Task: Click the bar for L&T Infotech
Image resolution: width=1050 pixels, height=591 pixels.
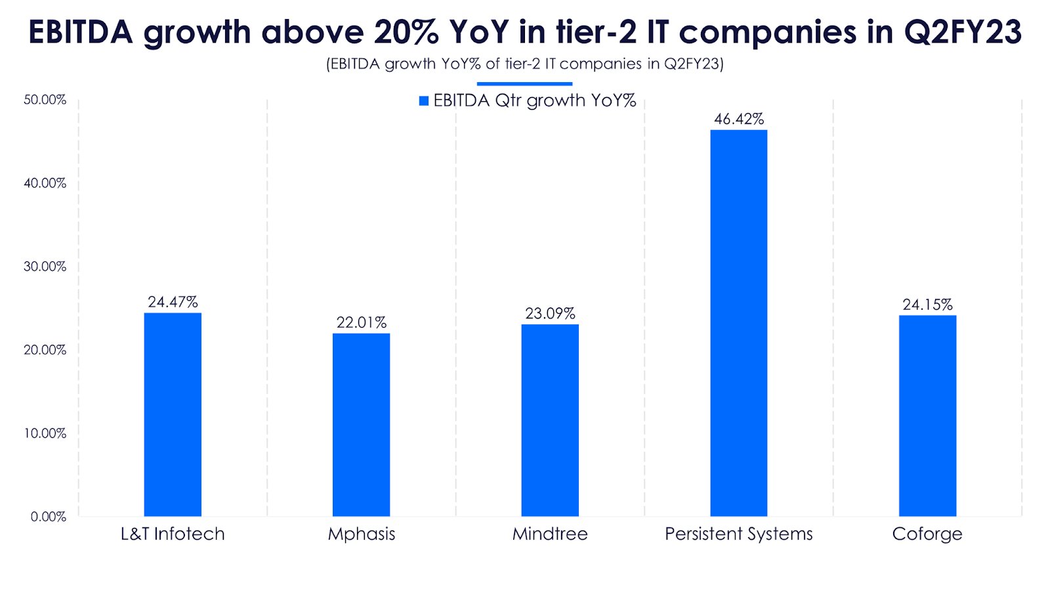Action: click(173, 414)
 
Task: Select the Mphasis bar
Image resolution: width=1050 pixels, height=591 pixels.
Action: click(361, 425)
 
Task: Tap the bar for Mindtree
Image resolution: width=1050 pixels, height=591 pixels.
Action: click(550, 420)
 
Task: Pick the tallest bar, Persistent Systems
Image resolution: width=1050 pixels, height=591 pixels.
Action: click(738, 323)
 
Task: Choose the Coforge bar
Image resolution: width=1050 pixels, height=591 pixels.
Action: click(927, 416)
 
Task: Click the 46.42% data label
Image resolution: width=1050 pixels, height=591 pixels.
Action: click(739, 119)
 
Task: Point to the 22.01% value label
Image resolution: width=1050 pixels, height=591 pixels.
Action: click(362, 322)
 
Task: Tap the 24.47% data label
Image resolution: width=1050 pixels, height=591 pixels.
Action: click(173, 302)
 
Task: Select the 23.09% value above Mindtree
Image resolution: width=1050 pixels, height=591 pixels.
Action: click(550, 313)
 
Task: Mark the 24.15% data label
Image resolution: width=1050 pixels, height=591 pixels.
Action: click(927, 305)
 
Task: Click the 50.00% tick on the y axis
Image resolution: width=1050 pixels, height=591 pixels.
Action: click(45, 100)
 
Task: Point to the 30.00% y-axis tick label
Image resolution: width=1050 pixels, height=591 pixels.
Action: click(45, 267)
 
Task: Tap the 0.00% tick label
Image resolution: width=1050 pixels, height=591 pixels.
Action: click(49, 517)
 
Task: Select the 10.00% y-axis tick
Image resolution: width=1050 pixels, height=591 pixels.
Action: click(45, 433)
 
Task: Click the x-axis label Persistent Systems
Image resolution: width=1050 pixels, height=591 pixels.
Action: click(738, 534)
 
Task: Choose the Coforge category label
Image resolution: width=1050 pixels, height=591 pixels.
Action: click(927, 534)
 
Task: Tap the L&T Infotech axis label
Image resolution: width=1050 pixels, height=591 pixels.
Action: click(173, 534)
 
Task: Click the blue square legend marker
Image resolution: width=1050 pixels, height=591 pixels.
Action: click(424, 101)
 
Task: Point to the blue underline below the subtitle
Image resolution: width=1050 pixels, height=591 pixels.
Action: click(524, 84)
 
